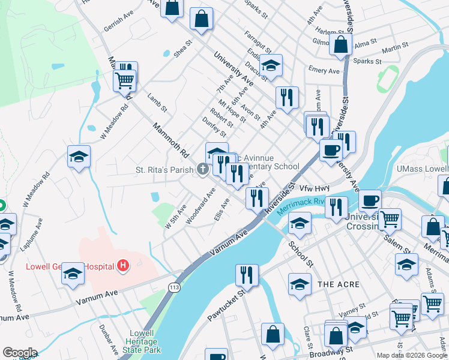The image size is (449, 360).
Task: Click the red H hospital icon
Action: (x=123, y=265)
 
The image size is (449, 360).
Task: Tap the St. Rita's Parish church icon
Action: (x=203, y=170)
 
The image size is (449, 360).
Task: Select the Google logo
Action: (x=20, y=353)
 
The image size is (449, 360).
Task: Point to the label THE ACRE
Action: (x=338, y=284)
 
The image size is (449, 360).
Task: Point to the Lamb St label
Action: (x=155, y=102)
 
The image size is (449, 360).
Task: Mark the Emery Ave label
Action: (x=324, y=71)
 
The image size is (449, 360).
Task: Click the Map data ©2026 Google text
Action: (x=411, y=355)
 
